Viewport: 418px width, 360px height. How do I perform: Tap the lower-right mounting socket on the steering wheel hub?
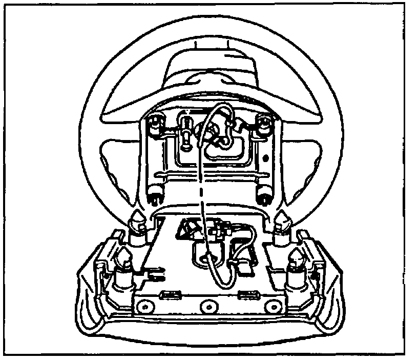click(264, 193)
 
